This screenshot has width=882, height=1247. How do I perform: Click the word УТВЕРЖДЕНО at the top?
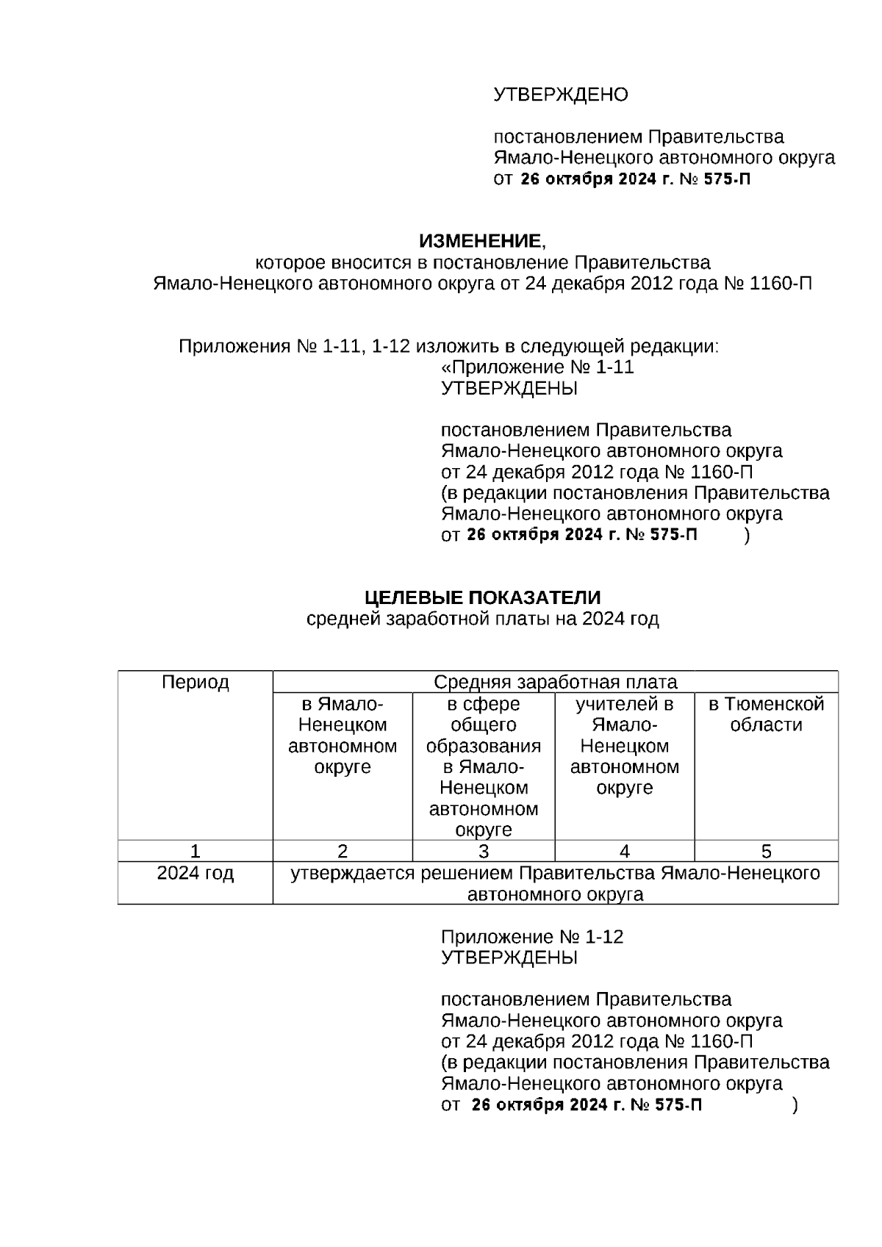pos(560,95)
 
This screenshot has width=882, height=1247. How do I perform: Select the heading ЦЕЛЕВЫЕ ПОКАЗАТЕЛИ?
pos(482,597)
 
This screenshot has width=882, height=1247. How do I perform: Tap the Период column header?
pos(195,683)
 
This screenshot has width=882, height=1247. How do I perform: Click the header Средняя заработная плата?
pos(555,683)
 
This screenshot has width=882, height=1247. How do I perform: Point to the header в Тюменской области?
pos(766,715)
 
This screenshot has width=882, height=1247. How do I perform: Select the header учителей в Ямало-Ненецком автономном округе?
pos(624,746)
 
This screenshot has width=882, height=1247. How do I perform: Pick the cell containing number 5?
pos(766,852)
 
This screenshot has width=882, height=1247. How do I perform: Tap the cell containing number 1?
pos(195,852)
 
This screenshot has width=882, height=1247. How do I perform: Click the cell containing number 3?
pos(483,852)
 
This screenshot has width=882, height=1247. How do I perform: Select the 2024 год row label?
pos(195,874)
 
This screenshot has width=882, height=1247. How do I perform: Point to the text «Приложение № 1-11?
pos(537,367)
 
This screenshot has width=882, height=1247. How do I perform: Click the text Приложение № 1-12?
pos(531,937)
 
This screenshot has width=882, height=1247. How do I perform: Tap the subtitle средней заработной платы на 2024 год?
pos(482,619)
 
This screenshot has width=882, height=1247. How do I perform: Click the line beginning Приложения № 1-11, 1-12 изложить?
pos(448,346)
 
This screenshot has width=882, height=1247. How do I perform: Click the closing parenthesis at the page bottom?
pos(795,1105)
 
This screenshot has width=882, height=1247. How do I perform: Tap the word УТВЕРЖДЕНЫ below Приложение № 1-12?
pos(509,958)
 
